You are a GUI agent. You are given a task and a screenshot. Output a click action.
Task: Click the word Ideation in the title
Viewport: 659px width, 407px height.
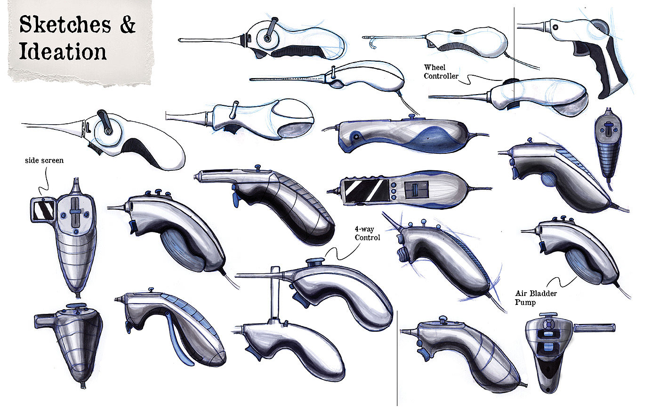[x=62, y=50]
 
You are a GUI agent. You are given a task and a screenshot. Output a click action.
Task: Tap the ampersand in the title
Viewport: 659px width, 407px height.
[x=127, y=24]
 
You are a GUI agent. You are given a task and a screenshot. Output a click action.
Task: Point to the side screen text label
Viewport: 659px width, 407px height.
[x=44, y=160]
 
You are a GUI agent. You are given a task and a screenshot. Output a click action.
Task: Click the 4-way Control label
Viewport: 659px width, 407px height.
[x=367, y=234]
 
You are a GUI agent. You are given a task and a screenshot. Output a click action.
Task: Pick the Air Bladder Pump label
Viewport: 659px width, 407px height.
[x=536, y=297]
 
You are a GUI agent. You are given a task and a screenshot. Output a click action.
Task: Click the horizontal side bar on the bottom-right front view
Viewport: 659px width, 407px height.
[x=594, y=327]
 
